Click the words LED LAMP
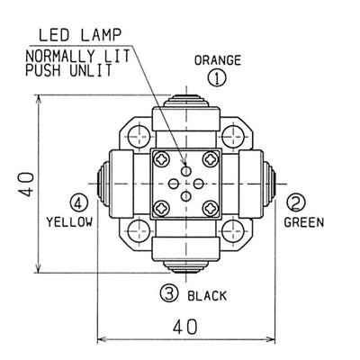point(80,35)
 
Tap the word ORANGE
point(218,60)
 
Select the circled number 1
point(217,78)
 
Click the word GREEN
point(304,222)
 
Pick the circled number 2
point(296,202)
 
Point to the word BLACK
point(207,296)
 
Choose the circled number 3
point(169,293)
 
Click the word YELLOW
point(69,222)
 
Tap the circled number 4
point(79,203)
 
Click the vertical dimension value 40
point(28,184)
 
